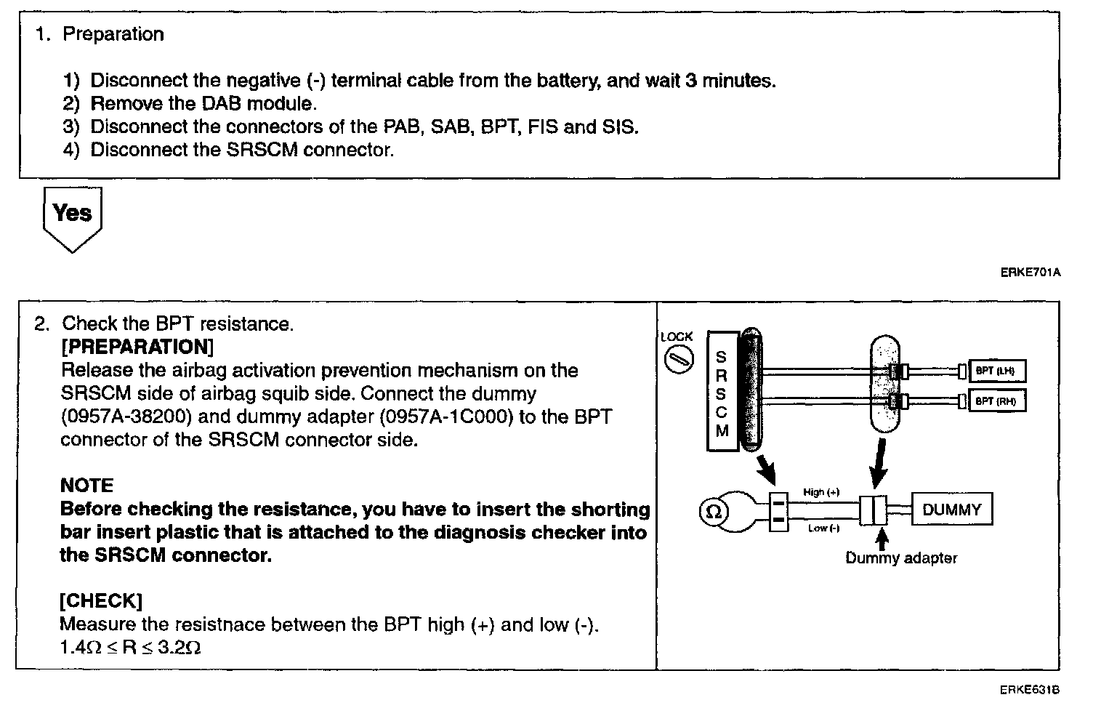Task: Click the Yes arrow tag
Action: pos(72,216)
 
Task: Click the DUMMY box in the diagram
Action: pos(951,510)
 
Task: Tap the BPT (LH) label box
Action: pos(995,371)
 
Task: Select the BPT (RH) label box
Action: pos(995,401)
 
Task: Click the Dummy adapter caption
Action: pos(901,558)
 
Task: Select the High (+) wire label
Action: pos(821,492)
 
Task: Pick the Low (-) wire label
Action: pos(823,528)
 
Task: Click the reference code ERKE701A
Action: pos(1031,273)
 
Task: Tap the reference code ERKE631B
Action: pos(1030,689)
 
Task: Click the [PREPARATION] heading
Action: pos(137,347)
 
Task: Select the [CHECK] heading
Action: pos(101,600)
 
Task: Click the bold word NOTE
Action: pos(87,486)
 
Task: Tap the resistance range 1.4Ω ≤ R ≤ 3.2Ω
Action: pos(130,647)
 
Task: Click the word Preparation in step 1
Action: pos(113,34)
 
